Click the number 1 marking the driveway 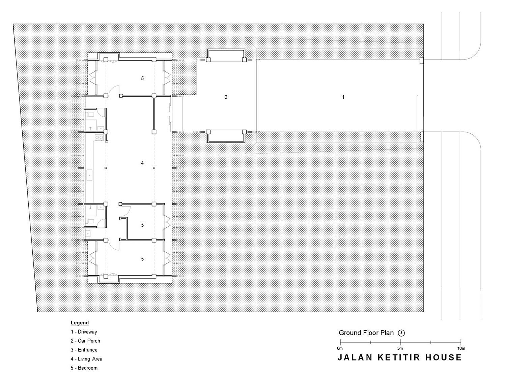343,97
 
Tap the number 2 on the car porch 226,97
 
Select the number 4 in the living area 142,163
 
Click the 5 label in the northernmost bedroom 142,78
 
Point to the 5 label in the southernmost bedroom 142,259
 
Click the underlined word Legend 80,323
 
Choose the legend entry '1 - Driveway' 84,332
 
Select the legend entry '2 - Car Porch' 86,341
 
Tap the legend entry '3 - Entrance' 84,350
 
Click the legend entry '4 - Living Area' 87,359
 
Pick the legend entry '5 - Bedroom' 84,368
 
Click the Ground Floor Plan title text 366,333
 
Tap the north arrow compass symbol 401,333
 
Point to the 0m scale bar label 340,348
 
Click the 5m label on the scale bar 400,348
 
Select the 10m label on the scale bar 461,348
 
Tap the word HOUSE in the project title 444,357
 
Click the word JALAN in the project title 355,357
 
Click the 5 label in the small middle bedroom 142,225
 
